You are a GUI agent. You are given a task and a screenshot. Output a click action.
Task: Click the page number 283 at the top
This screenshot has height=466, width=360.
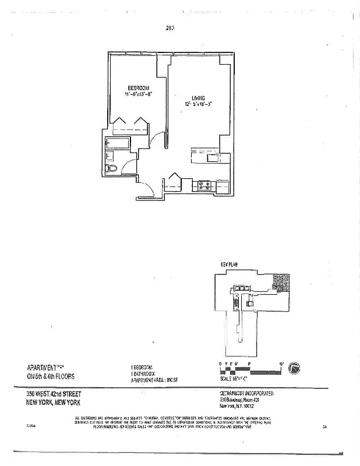171,27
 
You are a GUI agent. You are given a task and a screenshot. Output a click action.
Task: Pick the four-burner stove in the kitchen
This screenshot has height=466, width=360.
204,186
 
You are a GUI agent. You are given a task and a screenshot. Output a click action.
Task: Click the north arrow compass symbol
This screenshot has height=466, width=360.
294,368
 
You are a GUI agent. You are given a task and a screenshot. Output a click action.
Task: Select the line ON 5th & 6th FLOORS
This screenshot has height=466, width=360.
51,376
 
